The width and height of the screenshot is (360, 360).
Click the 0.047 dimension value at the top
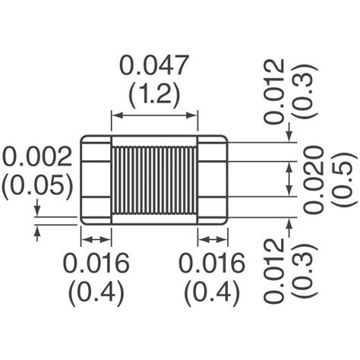(155, 68)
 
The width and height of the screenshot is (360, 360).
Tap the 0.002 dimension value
(37, 157)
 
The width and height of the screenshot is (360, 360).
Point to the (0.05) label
(37, 185)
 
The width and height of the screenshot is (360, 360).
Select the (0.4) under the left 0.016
(96, 292)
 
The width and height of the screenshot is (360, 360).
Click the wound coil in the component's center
(155, 179)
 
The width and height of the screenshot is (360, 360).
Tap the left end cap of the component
(96, 179)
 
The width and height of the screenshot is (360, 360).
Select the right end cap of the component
(213, 179)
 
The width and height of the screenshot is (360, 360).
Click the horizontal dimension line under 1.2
(155, 115)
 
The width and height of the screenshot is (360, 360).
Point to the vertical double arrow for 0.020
(289, 179)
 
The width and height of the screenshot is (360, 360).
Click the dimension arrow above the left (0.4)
(96, 239)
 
